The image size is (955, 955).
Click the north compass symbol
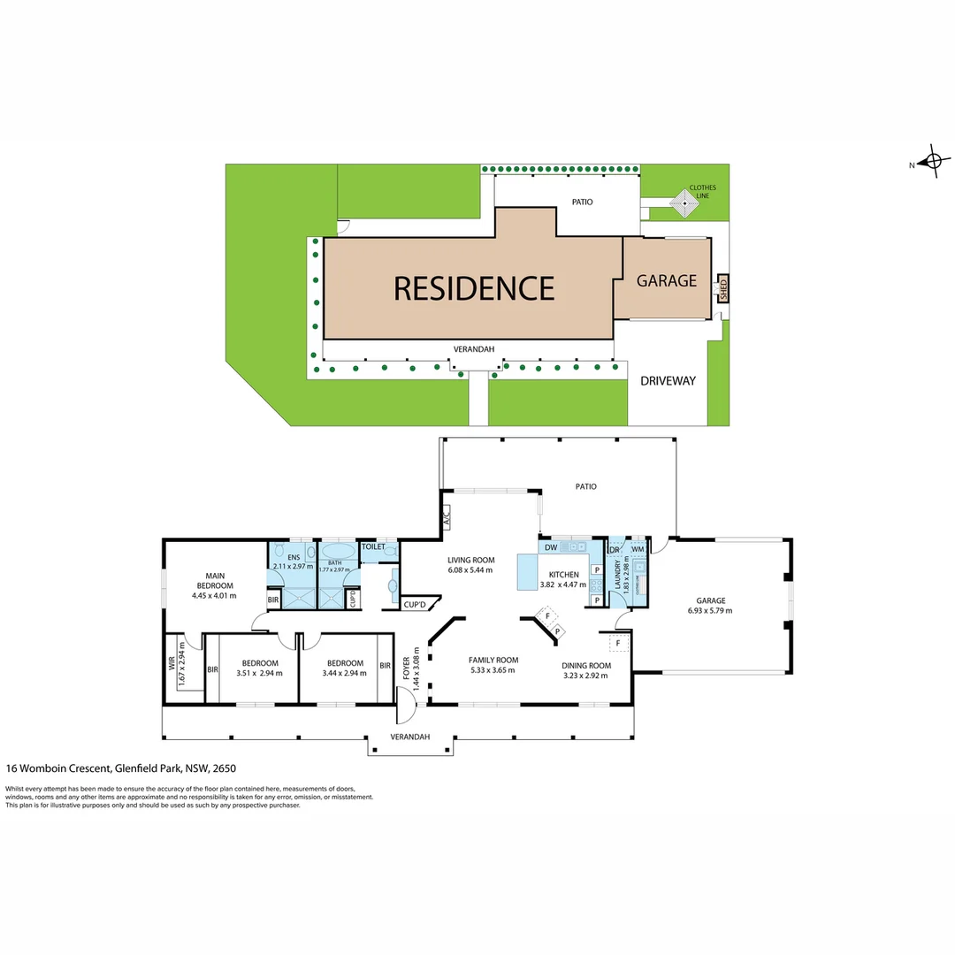(x=931, y=163)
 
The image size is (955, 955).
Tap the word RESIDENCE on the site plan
(x=473, y=288)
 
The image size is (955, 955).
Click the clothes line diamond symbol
(x=684, y=206)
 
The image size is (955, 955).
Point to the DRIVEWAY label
(x=668, y=381)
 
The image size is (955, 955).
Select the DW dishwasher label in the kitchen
(x=550, y=548)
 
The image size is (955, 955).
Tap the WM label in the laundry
(x=637, y=550)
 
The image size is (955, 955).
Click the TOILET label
(x=373, y=547)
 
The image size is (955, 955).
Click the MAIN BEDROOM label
(x=215, y=581)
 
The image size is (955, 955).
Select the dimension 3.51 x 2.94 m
(x=259, y=673)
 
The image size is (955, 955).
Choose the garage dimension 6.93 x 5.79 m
(x=709, y=610)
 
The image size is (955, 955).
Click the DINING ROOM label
(x=586, y=665)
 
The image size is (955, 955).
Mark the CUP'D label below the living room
(x=415, y=605)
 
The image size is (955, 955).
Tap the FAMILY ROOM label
(x=493, y=660)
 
